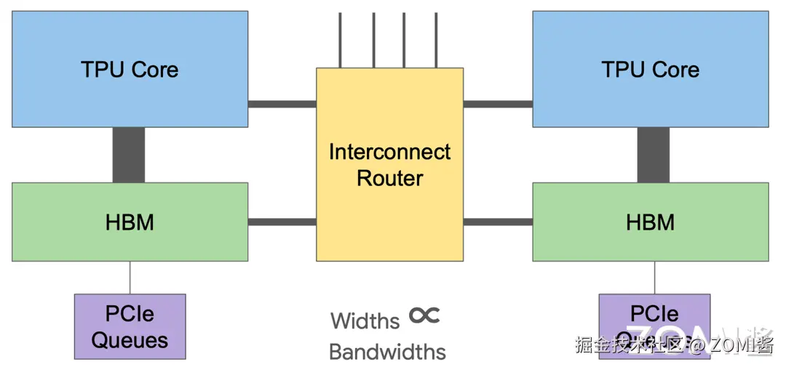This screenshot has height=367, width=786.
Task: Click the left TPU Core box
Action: coord(130,69)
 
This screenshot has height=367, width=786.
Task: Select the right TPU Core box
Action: coord(650,69)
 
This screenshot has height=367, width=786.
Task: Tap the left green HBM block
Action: coord(130,222)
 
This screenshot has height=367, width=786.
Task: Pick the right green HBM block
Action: coord(650,222)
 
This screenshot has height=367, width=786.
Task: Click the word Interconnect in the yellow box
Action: coord(389,152)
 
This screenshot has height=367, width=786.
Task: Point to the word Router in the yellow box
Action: coord(389,178)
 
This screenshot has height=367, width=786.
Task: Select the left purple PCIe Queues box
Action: coord(130,326)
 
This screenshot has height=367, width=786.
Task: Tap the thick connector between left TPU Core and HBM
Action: coord(128,155)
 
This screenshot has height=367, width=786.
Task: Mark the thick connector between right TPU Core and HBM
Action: coord(653,155)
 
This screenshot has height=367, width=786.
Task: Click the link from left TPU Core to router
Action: coord(282,104)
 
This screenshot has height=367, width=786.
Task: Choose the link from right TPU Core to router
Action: coord(498,104)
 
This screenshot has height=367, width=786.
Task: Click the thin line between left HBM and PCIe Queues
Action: coord(130,278)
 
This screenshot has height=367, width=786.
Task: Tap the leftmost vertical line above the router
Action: coord(340,40)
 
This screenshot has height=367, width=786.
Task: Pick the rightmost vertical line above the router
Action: coord(437,40)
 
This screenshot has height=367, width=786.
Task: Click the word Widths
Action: coord(365,320)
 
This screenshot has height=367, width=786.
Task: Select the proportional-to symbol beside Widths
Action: coord(424,315)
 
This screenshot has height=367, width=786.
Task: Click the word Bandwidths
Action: coord(387,352)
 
